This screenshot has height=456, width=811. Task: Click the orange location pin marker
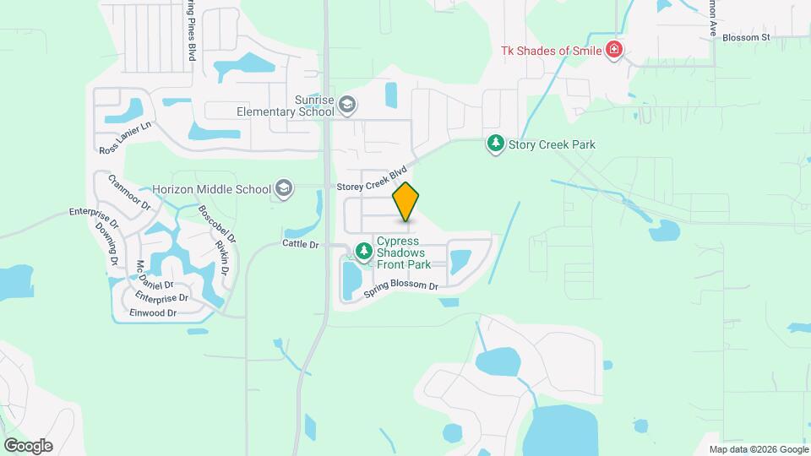(x=406, y=201)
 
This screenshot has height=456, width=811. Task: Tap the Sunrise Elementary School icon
(x=346, y=105)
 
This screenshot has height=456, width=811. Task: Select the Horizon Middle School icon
(x=284, y=189)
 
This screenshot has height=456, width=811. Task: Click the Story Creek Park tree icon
(x=495, y=144)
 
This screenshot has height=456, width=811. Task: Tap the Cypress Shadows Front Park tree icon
(x=364, y=251)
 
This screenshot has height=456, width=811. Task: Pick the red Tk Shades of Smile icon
(x=614, y=51)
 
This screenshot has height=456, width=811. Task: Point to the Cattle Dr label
(x=301, y=245)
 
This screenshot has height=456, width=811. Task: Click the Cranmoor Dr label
(x=128, y=193)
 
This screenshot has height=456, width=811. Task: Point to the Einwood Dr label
(x=153, y=313)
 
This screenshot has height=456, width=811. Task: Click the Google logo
(x=28, y=446)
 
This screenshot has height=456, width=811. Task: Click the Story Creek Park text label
(x=552, y=144)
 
